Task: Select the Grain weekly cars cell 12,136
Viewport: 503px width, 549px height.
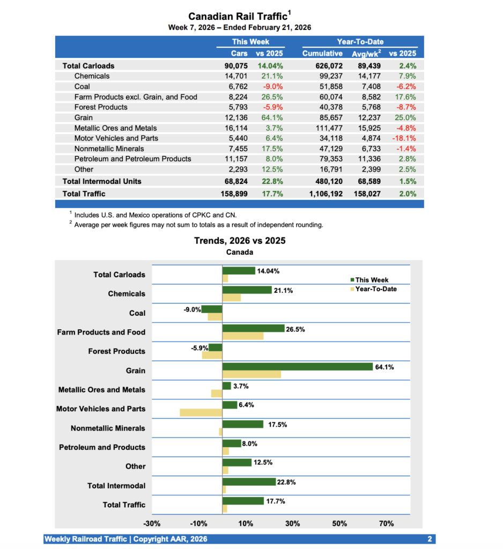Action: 235,117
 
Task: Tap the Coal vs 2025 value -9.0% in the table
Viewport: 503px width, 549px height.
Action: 273,86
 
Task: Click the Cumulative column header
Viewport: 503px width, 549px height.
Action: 322,53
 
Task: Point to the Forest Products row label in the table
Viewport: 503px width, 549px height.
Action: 101,107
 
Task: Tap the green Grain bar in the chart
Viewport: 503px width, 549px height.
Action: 298,367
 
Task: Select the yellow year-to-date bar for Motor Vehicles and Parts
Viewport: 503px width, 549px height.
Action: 201,412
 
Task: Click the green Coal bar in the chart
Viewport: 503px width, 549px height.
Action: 212,309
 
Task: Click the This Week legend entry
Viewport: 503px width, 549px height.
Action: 372,280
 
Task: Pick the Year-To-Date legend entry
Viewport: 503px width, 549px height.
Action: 376,290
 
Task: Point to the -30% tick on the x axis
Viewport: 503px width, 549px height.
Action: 152,523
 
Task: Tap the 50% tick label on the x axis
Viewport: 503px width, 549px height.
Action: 339,523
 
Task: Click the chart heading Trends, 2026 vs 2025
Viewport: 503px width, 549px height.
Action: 239,241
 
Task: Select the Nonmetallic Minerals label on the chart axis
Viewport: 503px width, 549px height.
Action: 108,428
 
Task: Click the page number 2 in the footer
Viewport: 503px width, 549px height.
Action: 430,539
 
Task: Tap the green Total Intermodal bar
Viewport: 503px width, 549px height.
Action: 249,482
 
